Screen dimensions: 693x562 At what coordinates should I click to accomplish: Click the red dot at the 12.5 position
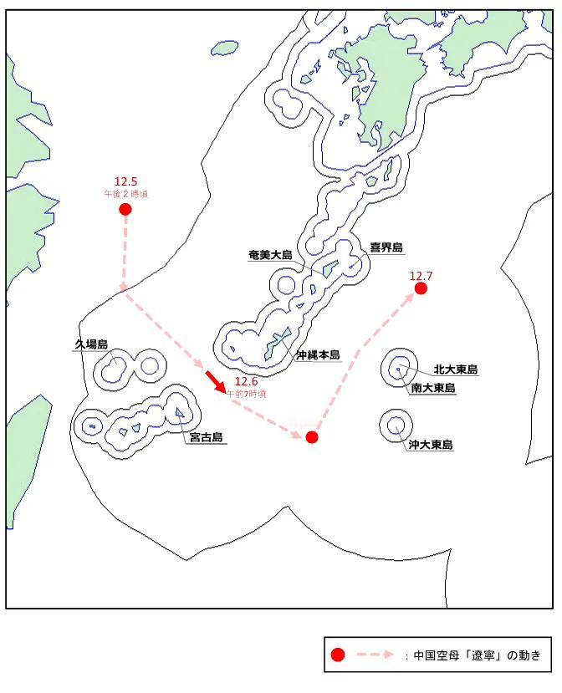coord(125,209)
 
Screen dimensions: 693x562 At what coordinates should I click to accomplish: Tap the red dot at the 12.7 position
coord(421,288)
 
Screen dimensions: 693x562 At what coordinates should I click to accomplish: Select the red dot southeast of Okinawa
coord(312,437)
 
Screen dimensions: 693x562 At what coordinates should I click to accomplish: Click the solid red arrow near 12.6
coord(216,384)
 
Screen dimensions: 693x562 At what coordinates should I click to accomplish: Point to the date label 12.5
coord(125,181)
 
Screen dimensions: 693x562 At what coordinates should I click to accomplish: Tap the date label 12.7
coord(421,276)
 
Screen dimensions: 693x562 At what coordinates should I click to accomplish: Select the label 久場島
coord(91,344)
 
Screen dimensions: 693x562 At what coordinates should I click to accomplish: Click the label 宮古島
coord(206,437)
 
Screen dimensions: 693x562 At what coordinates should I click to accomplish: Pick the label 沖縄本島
coord(318,355)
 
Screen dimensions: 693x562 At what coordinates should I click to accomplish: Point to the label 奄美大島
coord(269,253)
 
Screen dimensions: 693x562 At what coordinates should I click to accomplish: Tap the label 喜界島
coord(386,247)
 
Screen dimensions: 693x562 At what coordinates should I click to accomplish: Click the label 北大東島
coord(455,369)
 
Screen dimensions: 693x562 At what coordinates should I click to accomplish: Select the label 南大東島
coord(433,388)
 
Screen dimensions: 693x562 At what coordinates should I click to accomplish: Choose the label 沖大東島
coord(431,446)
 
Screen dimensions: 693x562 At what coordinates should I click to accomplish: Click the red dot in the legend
coord(337,655)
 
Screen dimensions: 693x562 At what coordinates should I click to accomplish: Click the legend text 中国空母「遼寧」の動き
coord(477,655)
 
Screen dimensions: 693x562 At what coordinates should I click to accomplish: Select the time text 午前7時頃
coord(247,393)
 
